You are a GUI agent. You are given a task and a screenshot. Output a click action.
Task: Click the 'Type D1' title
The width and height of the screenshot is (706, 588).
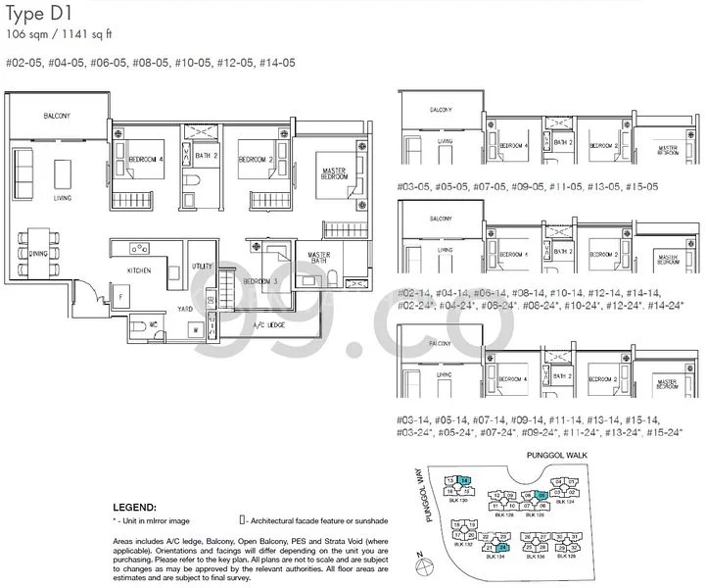(x=39, y=16)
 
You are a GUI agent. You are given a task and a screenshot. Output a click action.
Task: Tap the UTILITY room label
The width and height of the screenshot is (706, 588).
(x=203, y=266)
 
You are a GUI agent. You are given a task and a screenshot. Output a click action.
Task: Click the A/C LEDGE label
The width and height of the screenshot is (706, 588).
(x=267, y=322)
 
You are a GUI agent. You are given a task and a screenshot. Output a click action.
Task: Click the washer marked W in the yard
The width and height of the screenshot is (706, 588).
(x=197, y=329)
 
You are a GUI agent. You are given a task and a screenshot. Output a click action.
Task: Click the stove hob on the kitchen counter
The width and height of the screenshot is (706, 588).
(x=138, y=248)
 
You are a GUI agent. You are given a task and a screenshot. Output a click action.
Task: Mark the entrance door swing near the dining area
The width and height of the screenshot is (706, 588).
(x=87, y=290)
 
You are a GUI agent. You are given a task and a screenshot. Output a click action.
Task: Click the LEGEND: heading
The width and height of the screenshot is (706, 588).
(x=134, y=508)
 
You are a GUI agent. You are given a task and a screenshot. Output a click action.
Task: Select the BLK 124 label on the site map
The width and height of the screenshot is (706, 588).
(x=565, y=501)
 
